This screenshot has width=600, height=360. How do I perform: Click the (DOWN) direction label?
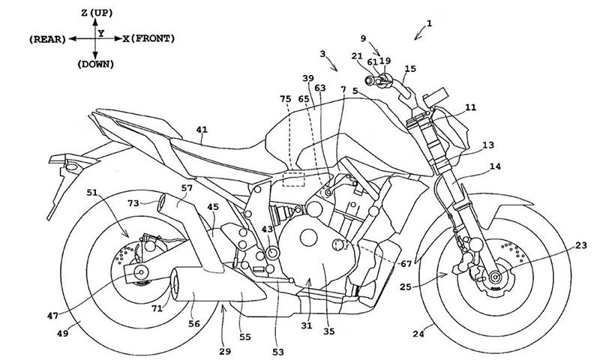[x=95, y=64]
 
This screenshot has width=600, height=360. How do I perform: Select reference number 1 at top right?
[x=428, y=23]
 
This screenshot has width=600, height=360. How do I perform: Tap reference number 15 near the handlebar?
[x=409, y=68]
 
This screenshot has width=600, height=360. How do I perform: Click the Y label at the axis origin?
[x=101, y=33]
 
